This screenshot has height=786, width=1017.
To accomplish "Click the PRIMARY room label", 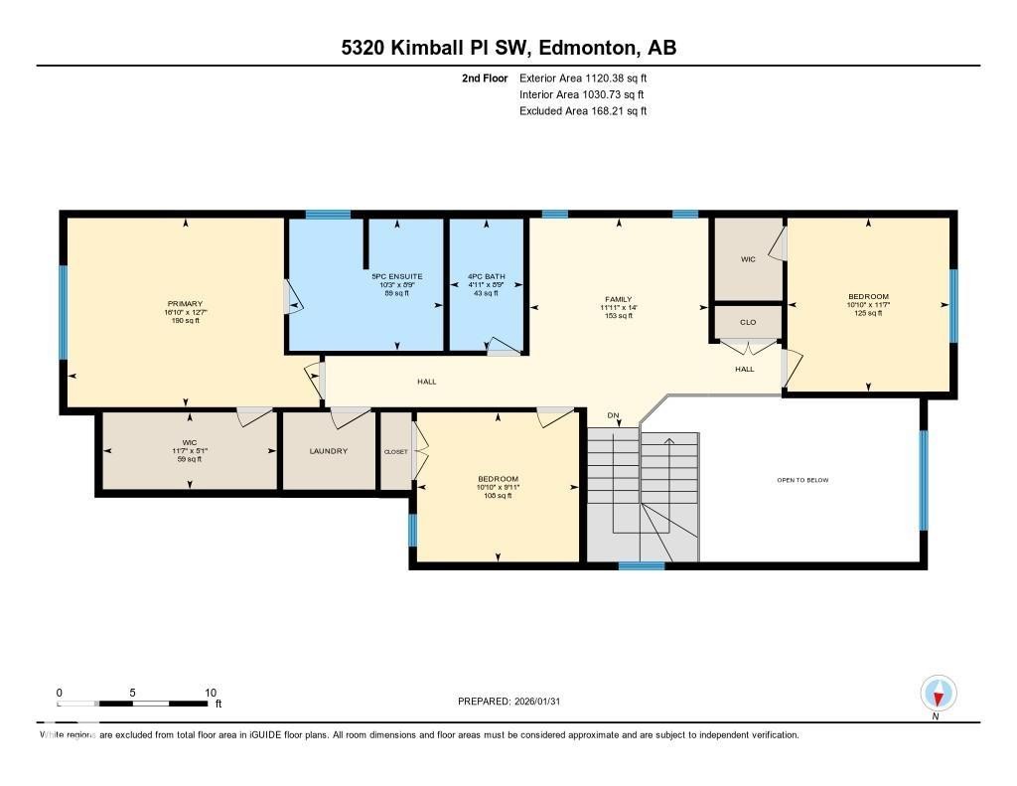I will click(186, 303).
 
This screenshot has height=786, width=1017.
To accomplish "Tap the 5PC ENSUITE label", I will click(397, 276).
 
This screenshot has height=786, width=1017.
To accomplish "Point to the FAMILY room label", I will click(619, 299).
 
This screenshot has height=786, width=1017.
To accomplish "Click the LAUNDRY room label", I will click(329, 451).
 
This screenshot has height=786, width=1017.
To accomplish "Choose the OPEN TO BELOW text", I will click(802, 480).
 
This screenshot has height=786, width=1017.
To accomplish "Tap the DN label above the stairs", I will click(613, 415).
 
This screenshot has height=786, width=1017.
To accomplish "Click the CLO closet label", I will click(749, 322).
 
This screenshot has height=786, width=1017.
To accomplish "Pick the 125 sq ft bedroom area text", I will click(868, 313).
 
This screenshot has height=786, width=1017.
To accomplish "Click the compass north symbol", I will click(938, 694).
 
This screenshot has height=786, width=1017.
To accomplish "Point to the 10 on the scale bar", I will click(211, 693).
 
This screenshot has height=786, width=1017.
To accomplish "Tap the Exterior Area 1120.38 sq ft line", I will click(583, 78).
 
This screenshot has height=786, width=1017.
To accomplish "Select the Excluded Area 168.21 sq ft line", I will click(583, 111).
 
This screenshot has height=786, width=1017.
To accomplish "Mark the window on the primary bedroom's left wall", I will click(63, 311).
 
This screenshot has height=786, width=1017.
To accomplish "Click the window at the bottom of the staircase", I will click(642, 566).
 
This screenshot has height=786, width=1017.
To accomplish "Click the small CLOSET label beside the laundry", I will click(396, 451).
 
